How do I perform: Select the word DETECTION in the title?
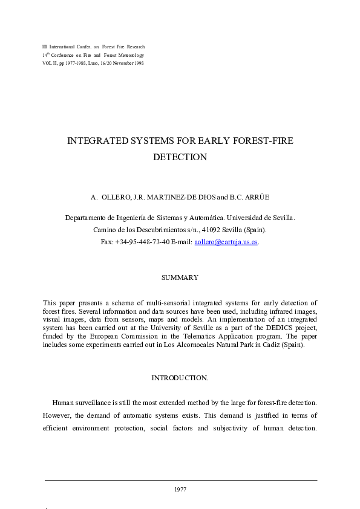180,157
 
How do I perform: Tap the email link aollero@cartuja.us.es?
226,242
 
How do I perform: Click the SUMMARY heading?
180,277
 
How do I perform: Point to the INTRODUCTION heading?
179,378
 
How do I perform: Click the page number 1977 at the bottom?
180,489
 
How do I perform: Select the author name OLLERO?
113,197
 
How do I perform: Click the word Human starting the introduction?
65,402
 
